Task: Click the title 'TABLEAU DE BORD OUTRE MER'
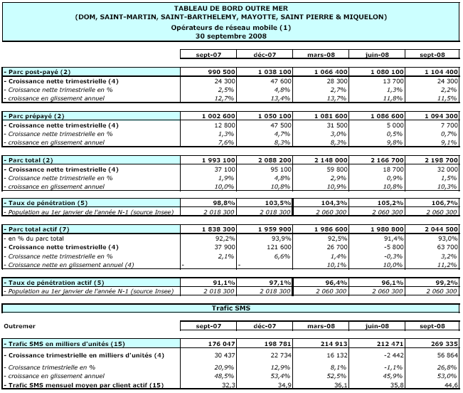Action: tap(230, 8)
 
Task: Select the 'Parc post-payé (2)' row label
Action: tap(38, 73)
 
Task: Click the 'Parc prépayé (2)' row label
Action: tap(36, 116)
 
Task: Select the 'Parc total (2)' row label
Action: tap(33, 159)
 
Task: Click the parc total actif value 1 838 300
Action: tap(213, 229)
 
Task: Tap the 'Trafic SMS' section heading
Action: tap(230, 308)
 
